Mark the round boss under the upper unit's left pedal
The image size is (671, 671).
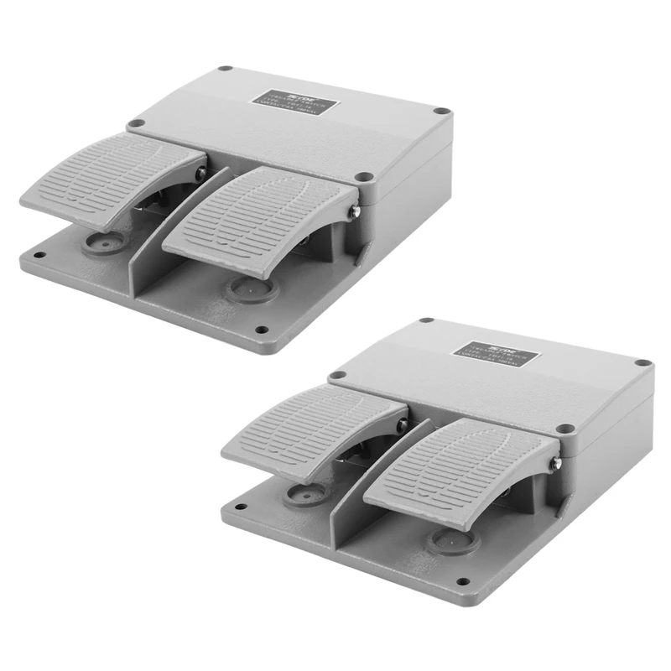click(102, 244)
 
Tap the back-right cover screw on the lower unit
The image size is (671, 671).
click(642, 362)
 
